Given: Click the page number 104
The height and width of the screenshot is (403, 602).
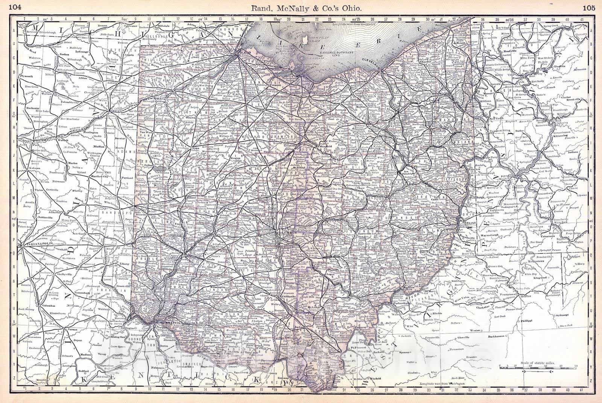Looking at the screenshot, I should pyautogui.click(x=17, y=6).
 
